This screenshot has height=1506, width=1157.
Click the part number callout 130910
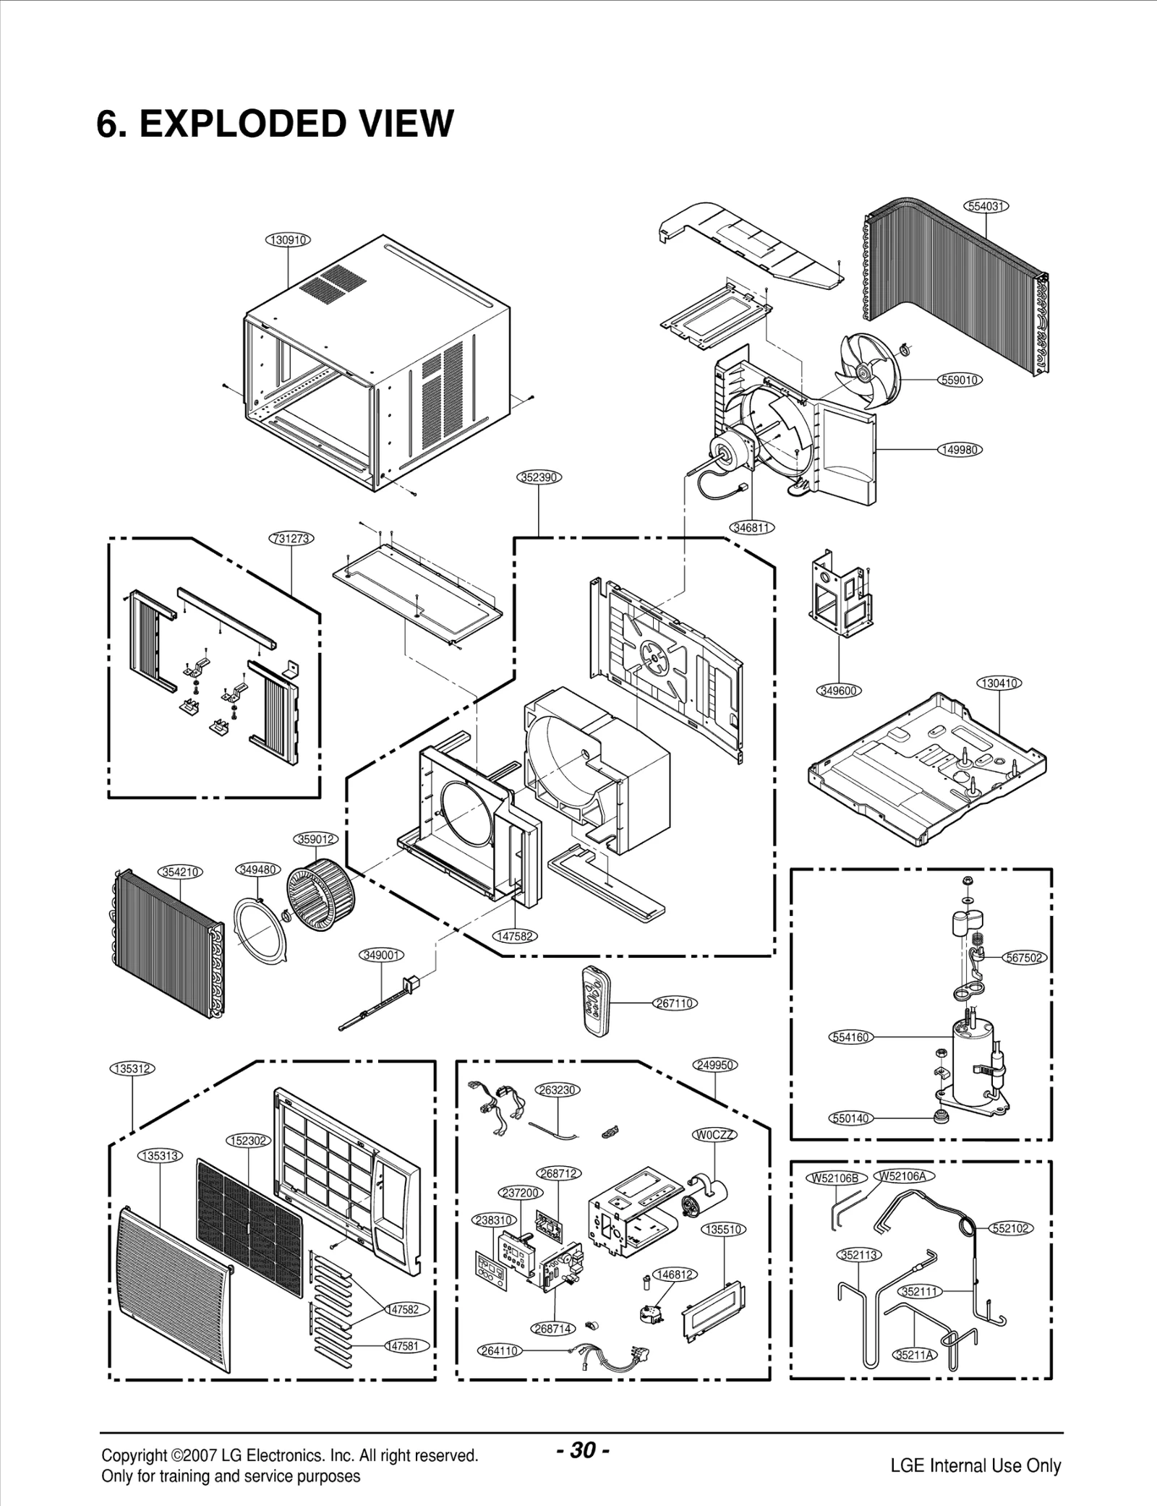point(289,239)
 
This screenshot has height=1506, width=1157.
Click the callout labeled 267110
point(675,1003)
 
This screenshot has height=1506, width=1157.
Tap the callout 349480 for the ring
point(257,869)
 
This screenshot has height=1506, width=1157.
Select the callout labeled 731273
point(291,538)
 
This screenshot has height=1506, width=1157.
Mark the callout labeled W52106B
point(835,1178)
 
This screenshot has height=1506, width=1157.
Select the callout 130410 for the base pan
point(999,683)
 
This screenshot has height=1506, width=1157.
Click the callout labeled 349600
point(839,690)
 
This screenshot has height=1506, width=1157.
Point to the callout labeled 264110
point(499,1350)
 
